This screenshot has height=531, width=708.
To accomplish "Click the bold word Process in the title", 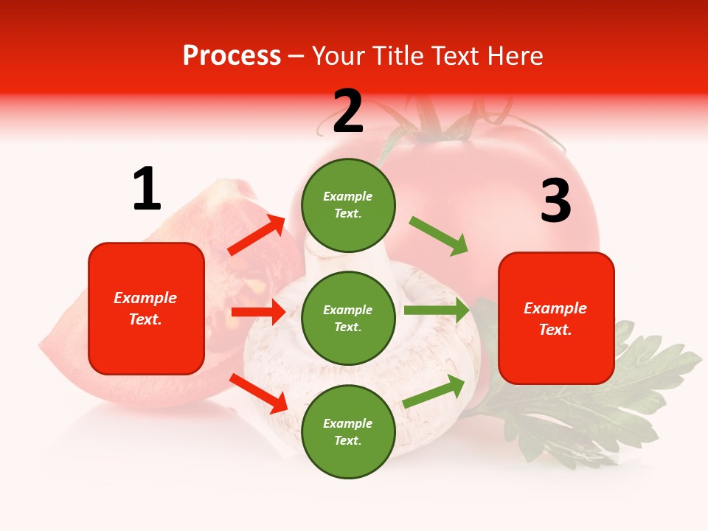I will (232, 56).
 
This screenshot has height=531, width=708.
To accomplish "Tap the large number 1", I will (147, 189).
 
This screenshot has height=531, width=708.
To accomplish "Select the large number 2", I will (348, 111).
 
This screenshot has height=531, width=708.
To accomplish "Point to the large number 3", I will (555, 201).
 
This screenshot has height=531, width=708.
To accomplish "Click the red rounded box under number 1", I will (146, 308).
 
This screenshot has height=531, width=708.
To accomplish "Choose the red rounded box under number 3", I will (556, 318).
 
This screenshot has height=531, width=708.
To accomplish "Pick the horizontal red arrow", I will (258, 312).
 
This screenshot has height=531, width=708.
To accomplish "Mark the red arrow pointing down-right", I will (259, 392).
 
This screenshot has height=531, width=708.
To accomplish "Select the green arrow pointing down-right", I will (439, 236).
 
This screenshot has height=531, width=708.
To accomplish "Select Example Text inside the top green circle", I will (348, 205).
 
